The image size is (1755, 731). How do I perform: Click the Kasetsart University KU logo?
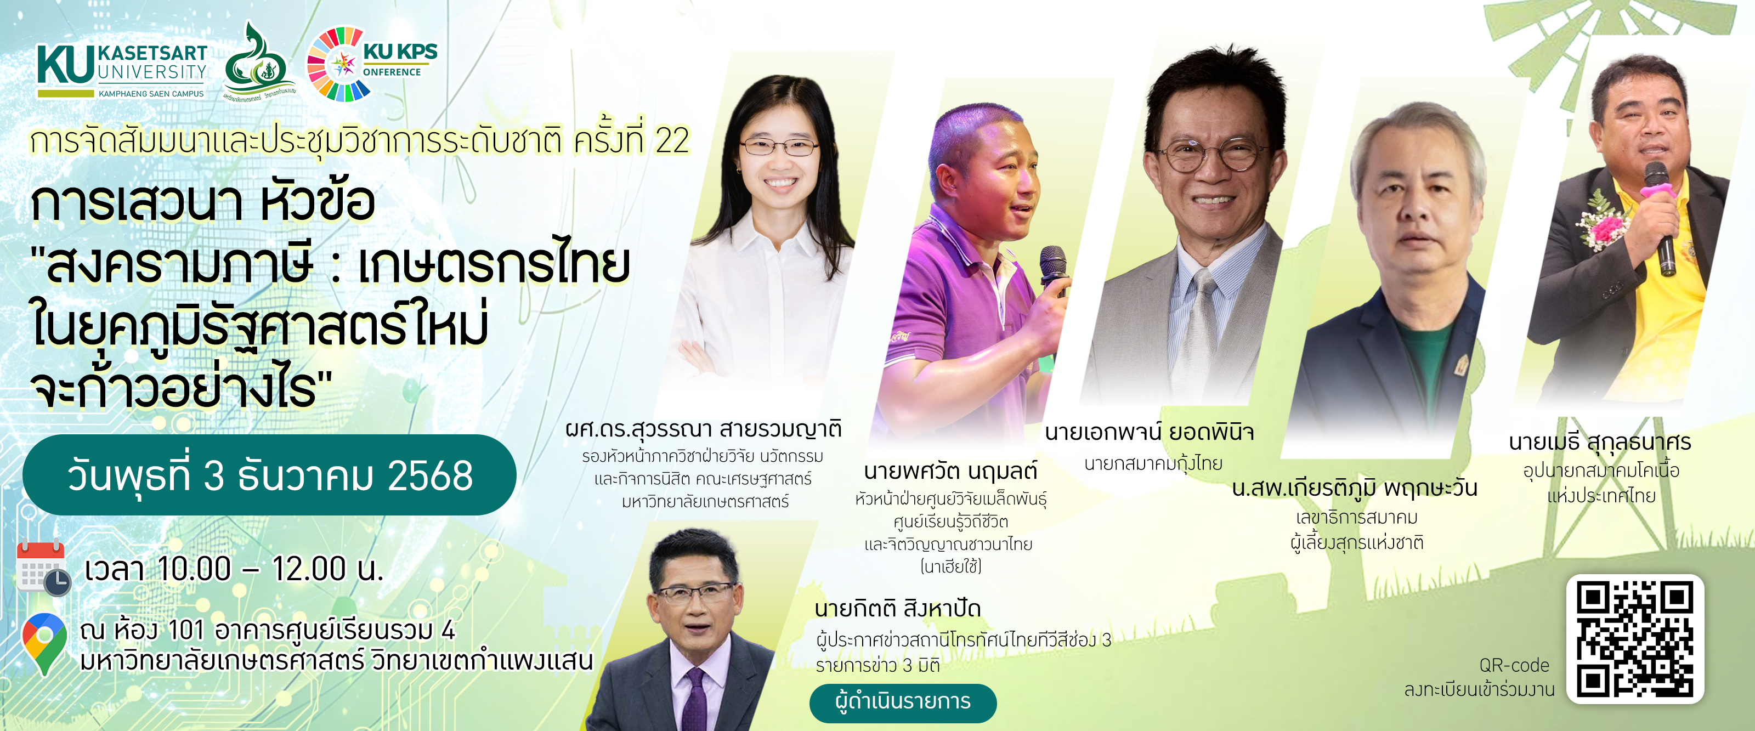pyautogui.click(x=66, y=66)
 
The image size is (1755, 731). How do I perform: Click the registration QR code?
pyautogui.click(x=1634, y=638)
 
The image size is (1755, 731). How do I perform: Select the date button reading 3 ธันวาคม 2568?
pyautogui.click(x=270, y=475)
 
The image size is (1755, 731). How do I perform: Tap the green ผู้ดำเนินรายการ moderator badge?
pyautogui.click(x=902, y=702)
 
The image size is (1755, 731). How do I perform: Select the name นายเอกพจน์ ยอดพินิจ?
pyautogui.click(x=1150, y=433)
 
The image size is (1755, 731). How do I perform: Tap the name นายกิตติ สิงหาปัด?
pyautogui.click(x=897, y=608)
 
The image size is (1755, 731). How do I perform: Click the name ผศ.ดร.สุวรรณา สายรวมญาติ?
pyautogui.click(x=704, y=429)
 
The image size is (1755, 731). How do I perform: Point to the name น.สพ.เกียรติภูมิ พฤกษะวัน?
pyautogui.click(x=1355, y=488)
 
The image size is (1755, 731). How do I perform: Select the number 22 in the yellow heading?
pyautogui.click(x=672, y=141)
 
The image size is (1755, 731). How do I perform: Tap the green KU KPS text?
pyautogui.click(x=400, y=52)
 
